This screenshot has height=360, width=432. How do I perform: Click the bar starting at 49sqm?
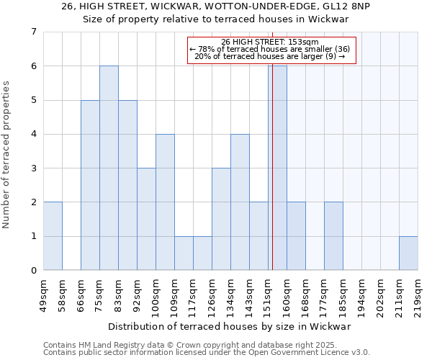53,236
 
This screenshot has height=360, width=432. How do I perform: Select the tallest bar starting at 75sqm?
109,168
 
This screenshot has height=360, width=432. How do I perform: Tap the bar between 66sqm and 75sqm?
90,185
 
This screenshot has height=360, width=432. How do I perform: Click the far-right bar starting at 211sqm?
408,253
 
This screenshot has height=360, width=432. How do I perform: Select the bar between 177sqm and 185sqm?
333,236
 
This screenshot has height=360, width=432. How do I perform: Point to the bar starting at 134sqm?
240,202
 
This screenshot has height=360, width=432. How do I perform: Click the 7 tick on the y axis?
33,32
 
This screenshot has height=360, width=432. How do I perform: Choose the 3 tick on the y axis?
33,168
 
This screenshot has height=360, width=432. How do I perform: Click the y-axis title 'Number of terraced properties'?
7,155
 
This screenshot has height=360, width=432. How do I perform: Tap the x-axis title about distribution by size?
230,326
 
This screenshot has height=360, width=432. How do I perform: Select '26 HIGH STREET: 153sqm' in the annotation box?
271,42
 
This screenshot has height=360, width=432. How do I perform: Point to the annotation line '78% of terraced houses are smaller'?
271,49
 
